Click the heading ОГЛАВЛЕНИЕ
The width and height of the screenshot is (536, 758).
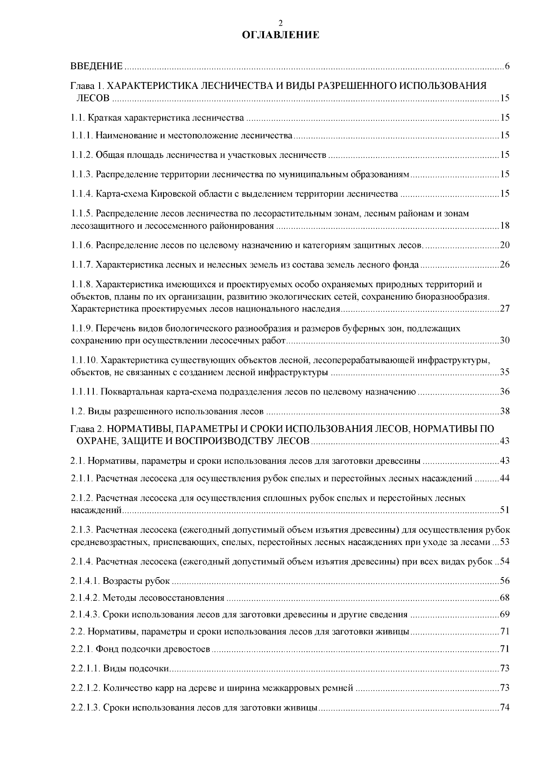tap(280, 35)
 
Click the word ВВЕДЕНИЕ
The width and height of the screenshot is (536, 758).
tap(96, 67)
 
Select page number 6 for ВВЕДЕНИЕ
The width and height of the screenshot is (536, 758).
tap(507, 67)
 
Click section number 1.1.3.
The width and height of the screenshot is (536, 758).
tap(82, 174)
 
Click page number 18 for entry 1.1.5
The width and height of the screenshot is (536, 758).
tap(504, 226)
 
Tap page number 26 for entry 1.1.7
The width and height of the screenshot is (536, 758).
tap(504, 265)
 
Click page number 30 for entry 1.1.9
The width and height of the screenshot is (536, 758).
tap(504, 341)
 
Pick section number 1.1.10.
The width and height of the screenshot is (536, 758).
tap(84, 360)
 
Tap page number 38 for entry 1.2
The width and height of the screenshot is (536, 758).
tap(504, 411)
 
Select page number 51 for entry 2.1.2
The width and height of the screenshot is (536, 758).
tap(504, 510)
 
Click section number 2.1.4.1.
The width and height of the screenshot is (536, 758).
tap(85, 581)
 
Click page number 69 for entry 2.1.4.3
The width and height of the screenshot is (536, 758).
tap(504, 615)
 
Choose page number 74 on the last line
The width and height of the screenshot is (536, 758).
tap(504, 708)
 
